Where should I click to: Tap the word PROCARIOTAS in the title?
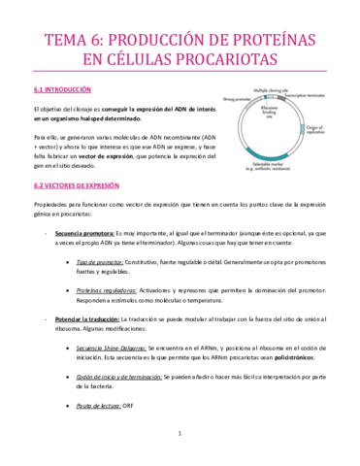pos(222,59)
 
